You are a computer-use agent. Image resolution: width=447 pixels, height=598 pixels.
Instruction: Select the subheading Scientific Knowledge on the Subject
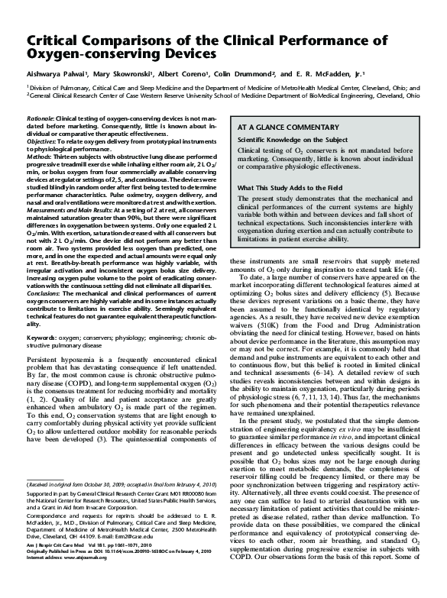(x=295, y=141)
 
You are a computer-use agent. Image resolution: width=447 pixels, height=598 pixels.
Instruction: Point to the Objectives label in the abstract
(x=41, y=141)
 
